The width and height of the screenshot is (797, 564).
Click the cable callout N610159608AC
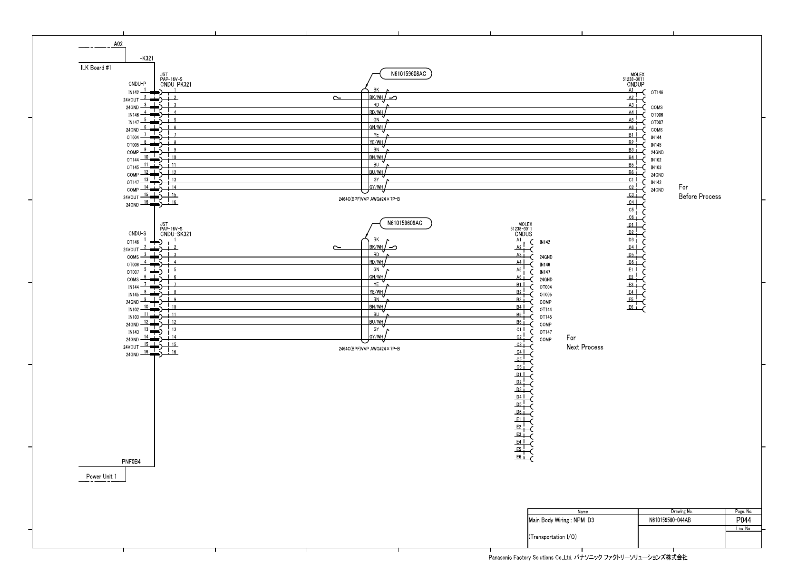pyautogui.click(x=405, y=74)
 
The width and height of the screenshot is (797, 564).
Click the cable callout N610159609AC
pyautogui.click(x=405, y=223)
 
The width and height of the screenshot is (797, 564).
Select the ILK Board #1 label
pyautogui.click(x=96, y=68)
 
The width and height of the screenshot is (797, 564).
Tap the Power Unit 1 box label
pyautogui.click(x=101, y=476)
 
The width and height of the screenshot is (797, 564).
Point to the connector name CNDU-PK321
pyautogui.click(x=176, y=85)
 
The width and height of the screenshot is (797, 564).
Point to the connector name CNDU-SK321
pyautogui.click(x=176, y=234)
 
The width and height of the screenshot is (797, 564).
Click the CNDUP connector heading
pyautogui.click(x=636, y=84)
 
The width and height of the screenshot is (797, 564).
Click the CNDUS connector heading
pyautogui.click(x=524, y=234)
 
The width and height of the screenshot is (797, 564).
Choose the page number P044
pyautogui.click(x=743, y=520)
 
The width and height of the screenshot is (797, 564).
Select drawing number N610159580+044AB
pyautogui.click(x=670, y=520)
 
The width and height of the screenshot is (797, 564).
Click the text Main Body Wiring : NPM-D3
pyautogui.click(x=561, y=520)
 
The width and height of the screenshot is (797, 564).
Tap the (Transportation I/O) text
pyautogui.click(x=553, y=537)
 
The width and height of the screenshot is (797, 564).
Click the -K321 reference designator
pyautogui.click(x=146, y=59)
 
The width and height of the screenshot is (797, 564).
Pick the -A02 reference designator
pyautogui.click(x=117, y=44)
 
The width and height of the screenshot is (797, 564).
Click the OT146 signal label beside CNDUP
pyautogui.click(x=657, y=93)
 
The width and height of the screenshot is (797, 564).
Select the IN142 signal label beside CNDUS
pyautogui.click(x=544, y=242)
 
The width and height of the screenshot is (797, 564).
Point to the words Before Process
pyautogui.click(x=700, y=197)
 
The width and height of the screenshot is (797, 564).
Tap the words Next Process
pyautogui.click(x=584, y=347)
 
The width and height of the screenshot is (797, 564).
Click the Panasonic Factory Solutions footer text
pyautogui.click(x=588, y=557)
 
